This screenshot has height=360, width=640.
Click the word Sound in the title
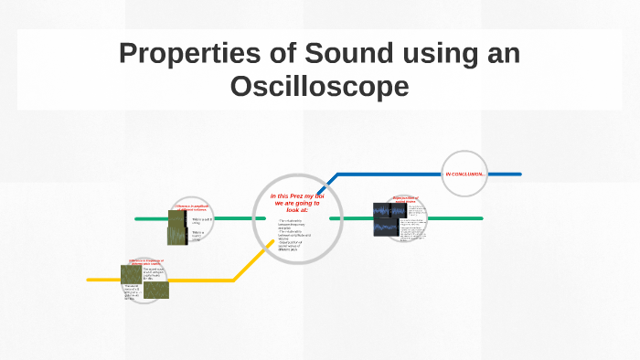point(340,54)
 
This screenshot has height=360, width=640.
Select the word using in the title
point(430,54)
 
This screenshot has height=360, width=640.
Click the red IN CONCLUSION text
point(464,174)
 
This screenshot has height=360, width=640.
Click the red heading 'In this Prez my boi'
point(298,196)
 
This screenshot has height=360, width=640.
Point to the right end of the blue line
point(518,174)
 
